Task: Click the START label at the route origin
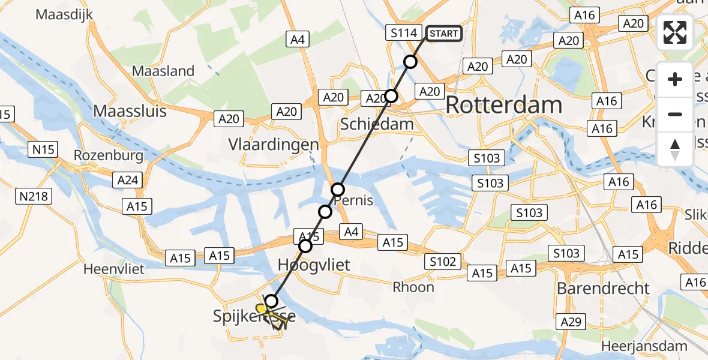point(443,34)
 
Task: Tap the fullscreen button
point(675,33)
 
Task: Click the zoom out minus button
point(675,114)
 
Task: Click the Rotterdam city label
point(504,106)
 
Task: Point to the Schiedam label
point(377,124)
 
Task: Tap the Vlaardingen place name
point(273,145)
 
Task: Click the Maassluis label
point(130,111)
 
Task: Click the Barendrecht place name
point(603,288)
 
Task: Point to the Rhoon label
point(413,287)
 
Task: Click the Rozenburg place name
point(109,155)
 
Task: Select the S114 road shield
point(403,33)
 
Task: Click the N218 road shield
point(35,196)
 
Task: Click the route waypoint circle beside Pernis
point(338,189)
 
